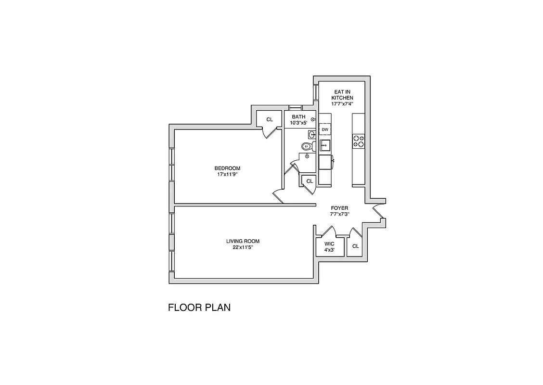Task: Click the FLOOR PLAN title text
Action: [199, 308]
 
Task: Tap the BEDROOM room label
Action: [227, 168]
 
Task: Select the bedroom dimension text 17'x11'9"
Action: [227, 174]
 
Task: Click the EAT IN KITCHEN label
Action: [342, 94]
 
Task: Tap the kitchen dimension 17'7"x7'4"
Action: [342, 103]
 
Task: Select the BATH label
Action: [298, 117]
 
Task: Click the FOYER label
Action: [339, 208]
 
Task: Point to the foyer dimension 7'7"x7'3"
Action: [339, 214]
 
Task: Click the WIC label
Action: [329, 244]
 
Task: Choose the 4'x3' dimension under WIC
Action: [329, 250]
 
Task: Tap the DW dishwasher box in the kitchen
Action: [325, 130]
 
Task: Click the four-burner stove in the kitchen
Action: [359, 141]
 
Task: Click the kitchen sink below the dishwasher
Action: [325, 145]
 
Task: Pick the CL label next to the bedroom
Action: [270, 119]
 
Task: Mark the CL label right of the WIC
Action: [355, 246]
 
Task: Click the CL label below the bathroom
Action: [310, 181]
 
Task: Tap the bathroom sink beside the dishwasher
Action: [311, 134]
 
